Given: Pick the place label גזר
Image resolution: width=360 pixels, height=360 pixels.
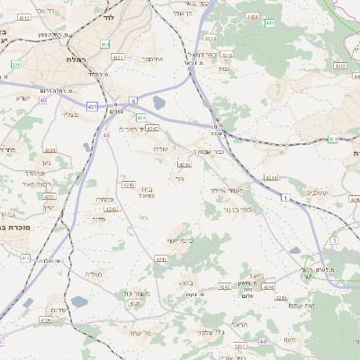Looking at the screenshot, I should click(179, 179).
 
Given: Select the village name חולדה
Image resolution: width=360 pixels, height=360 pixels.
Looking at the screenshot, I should click(95, 273).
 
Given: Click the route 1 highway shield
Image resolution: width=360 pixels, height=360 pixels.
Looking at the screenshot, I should click(285, 196).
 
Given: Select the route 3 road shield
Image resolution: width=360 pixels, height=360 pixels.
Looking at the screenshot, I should click(333, 241).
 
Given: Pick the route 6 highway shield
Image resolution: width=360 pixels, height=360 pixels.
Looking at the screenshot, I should click(133, 101).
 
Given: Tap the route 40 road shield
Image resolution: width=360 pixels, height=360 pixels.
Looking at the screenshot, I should click(42, 100).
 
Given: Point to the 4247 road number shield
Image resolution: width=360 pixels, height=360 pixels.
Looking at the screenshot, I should click(152, 129).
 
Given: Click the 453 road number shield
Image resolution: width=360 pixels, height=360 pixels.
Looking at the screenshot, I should click(338, 65).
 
